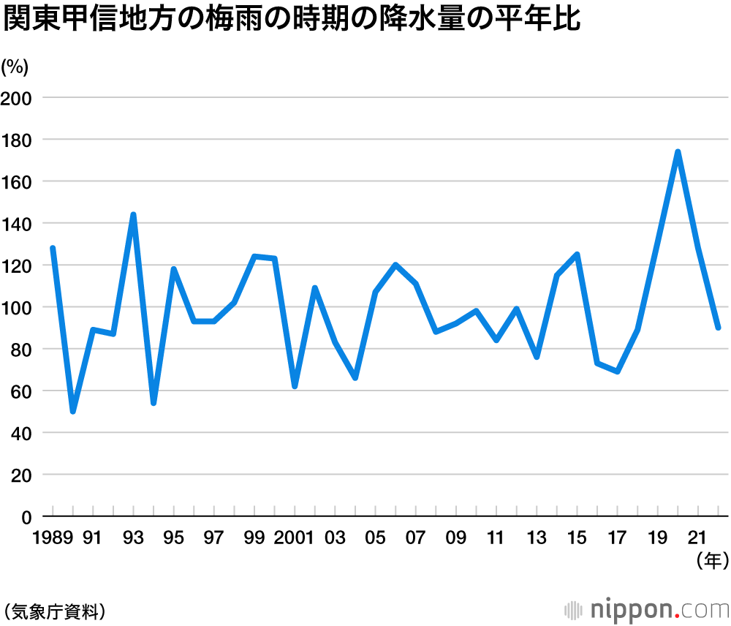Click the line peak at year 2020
pyautogui.click(x=678, y=152)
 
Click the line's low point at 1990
pyautogui.click(x=73, y=412)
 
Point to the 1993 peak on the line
pyautogui.click(x=133, y=214)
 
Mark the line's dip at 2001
pyautogui.click(x=295, y=386)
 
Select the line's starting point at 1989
pyautogui.click(x=53, y=248)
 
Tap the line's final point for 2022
pyautogui.click(x=719, y=328)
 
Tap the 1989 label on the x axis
pyautogui.click(x=53, y=538)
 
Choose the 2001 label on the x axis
pyautogui.click(x=295, y=538)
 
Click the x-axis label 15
pyautogui.click(x=577, y=538)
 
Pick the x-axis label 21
pyautogui.click(x=697, y=538)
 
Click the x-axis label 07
pyautogui.click(x=415, y=538)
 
